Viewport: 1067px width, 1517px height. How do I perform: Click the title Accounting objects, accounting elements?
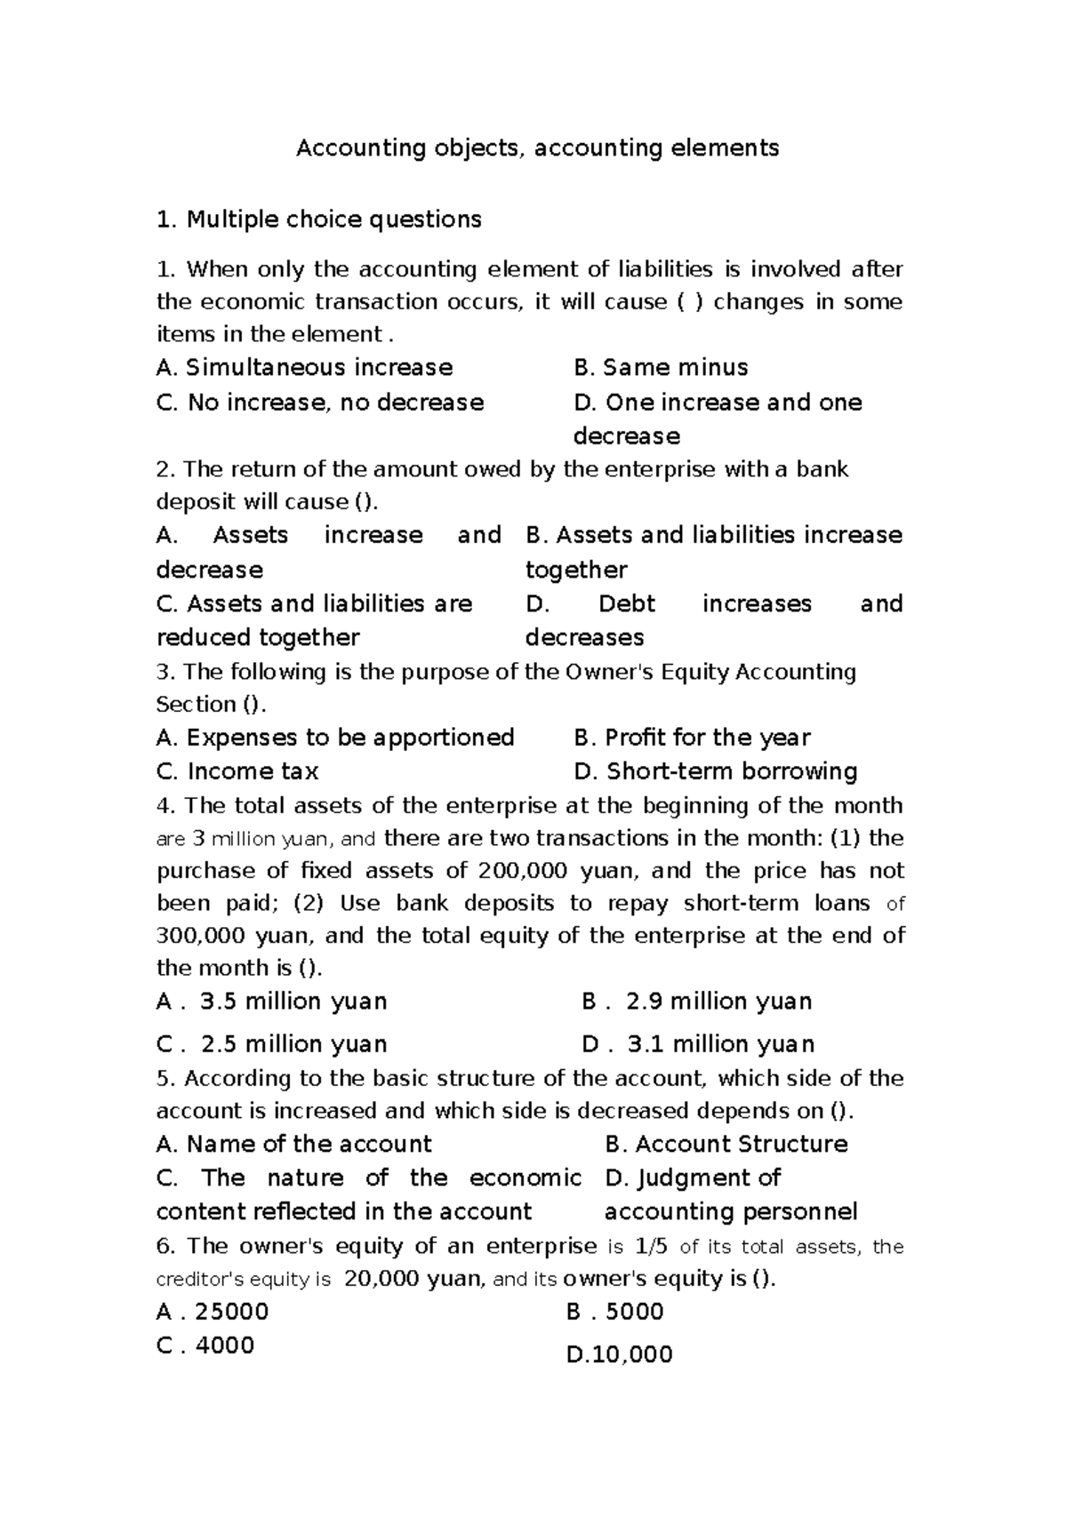coord(537,148)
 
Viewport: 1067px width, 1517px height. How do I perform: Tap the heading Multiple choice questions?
coord(318,220)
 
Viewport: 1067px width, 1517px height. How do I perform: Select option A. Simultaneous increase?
coord(304,368)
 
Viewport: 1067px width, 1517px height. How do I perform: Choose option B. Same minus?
coord(661,368)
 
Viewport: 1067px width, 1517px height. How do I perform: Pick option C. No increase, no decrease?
coord(320,403)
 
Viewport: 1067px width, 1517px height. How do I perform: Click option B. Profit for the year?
coord(692,738)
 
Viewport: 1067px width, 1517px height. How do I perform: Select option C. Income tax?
coord(237,771)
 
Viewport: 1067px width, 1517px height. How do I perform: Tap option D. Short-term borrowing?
coord(716,771)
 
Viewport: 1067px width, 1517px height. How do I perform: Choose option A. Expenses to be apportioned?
coord(335,738)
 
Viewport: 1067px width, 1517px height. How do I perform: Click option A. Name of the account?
coord(293,1145)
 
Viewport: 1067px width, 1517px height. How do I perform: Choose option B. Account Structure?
coord(726,1145)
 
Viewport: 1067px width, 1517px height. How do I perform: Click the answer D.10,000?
coord(619,1355)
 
